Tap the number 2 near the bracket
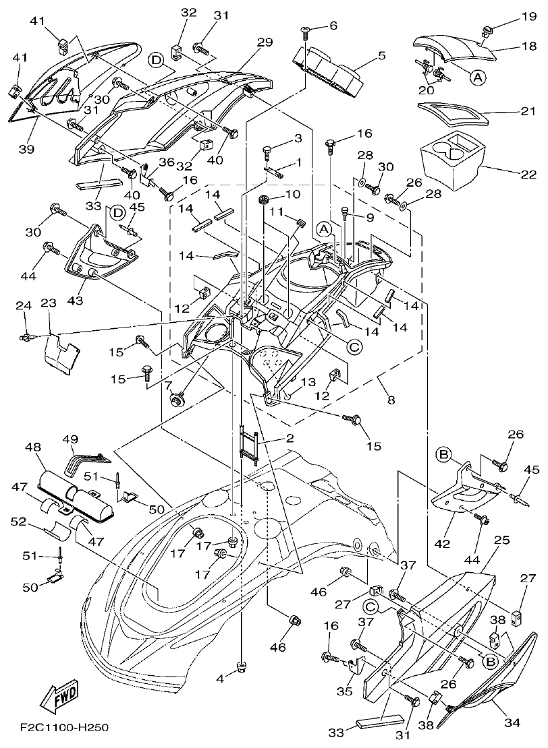289,439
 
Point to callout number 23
48,304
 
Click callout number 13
307,382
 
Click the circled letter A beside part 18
477,77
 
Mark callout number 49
71,440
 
